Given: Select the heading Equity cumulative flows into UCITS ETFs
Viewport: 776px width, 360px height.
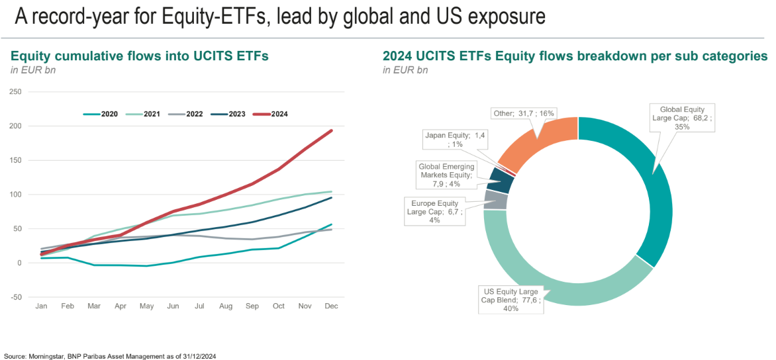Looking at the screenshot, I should (140, 56).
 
